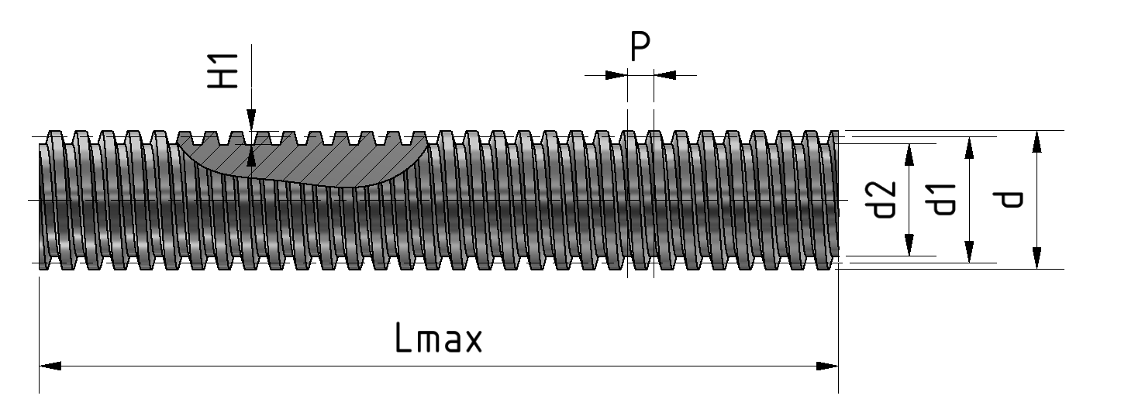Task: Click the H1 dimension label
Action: [223, 71]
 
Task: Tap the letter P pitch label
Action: [640, 46]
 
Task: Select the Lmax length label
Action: [438, 338]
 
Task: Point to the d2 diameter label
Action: [883, 200]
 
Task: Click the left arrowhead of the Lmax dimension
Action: [50, 366]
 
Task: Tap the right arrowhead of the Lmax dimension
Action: [827, 366]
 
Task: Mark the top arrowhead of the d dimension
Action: [1037, 142]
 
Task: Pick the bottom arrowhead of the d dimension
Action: [1037, 258]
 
